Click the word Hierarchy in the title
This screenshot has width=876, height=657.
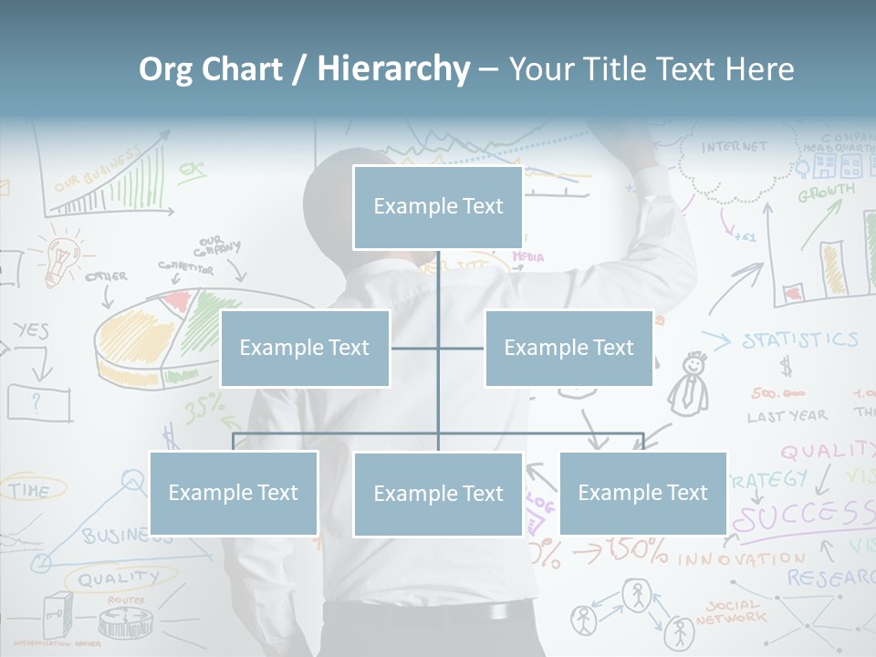[393, 69]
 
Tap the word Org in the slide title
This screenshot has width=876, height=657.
[165, 69]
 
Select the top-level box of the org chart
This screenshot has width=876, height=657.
[438, 207]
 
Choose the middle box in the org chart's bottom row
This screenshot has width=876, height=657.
[438, 494]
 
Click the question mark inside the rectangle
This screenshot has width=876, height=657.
[36, 401]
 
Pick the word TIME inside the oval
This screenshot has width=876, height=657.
[30, 490]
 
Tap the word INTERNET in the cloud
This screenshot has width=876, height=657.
[735, 147]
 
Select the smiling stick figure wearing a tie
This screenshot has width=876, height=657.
[691, 383]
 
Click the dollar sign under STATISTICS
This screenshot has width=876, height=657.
[786, 367]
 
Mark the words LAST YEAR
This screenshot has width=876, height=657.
[787, 416]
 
